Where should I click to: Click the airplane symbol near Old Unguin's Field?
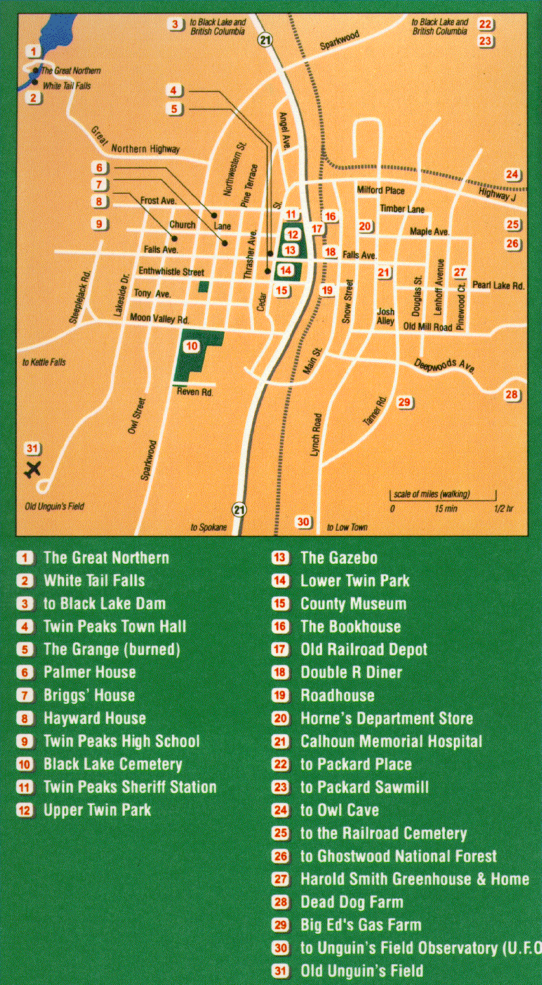click(x=32, y=469)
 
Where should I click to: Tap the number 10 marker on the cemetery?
click(x=191, y=347)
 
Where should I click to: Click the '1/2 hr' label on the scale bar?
click(x=503, y=509)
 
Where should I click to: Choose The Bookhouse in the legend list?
click(x=350, y=627)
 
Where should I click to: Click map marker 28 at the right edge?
click(x=512, y=395)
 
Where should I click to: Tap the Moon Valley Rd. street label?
click(x=159, y=319)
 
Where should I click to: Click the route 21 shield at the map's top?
click(x=265, y=40)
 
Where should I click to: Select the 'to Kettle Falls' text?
click(x=44, y=362)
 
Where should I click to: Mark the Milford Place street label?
click(x=381, y=191)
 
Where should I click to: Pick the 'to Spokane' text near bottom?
click(x=209, y=527)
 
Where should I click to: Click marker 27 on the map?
click(x=460, y=272)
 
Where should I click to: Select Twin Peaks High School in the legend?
click(x=121, y=741)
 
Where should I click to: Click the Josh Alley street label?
click(x=386, y=316)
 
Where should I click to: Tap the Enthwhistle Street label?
click(x=171, y=272)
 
